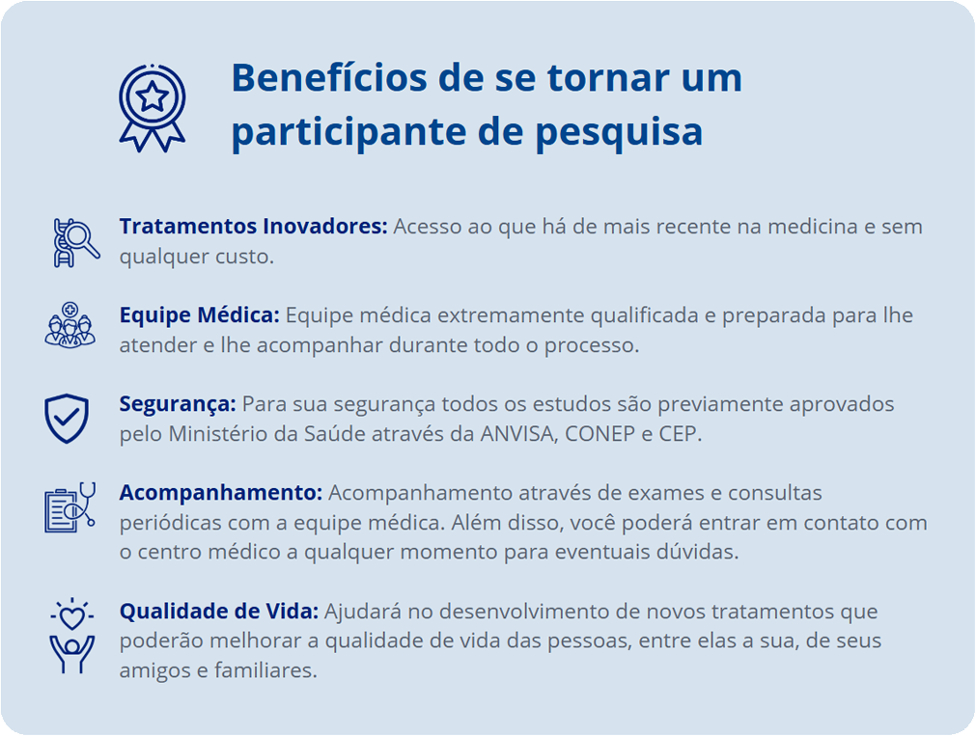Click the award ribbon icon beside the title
[x=152, y=108]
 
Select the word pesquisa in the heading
[x=619, y=132]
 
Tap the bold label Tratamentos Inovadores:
[x=253, y=227]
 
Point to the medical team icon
[x=70, y=325]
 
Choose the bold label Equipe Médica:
[x=200, y=316]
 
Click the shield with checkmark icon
[x=67, y=418]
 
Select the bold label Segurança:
[x=178, y=405]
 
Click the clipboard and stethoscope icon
[x=70, y=507]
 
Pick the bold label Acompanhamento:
[x=221, y=493]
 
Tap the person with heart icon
[x=72, y=636]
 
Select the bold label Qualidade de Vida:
[x=219, y=612]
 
